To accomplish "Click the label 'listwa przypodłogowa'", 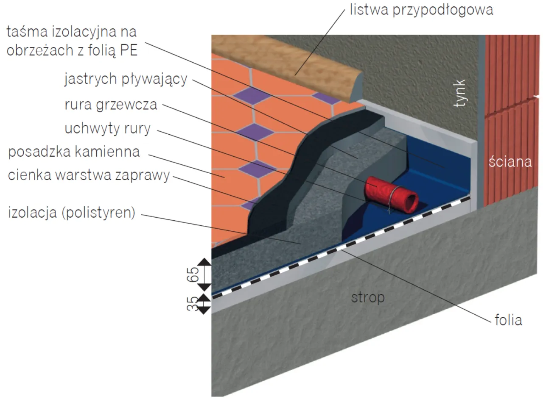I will point(421,9).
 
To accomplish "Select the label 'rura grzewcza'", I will point(111,104).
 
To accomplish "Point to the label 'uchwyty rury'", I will point(107,128).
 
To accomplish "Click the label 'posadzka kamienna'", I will point(74,152).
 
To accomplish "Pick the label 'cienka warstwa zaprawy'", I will point(89,175).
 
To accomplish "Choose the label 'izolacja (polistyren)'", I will point(72,212).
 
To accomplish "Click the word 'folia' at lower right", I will point(508,320).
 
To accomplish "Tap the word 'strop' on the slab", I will point(367,297).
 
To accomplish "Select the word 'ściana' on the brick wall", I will point(510,161).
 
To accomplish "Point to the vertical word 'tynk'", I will point(460,93).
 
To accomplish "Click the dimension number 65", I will point(193,275).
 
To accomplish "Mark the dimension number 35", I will point(193,303).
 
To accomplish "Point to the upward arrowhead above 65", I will point(204,261).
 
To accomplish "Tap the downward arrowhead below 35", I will point(204,310).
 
